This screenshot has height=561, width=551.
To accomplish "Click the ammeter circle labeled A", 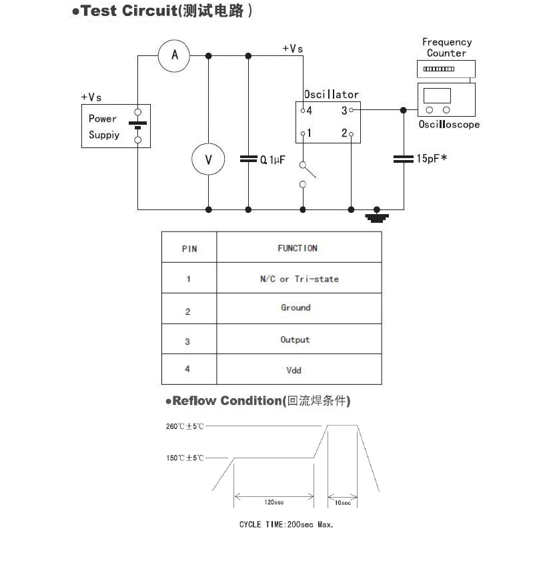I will [x=174, y=55].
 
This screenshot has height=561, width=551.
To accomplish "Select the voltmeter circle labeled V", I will [x=208, y=159].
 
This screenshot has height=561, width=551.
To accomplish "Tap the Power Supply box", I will [x=115, y=126].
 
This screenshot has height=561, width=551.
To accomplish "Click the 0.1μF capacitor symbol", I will [x=248, y=159].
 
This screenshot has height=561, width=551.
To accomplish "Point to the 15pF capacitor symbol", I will [x=403, y=159].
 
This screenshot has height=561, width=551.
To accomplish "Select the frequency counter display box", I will [x=446, y=69].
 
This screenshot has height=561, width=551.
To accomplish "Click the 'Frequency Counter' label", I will [x=446, y=47].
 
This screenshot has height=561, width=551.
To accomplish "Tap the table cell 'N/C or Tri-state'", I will [x=299, y=279].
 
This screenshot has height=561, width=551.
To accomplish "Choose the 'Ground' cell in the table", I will [x=296, y=308].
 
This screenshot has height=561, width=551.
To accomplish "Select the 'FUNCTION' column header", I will [x=298, y=248].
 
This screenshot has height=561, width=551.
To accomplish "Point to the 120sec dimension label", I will [x=273, y=502].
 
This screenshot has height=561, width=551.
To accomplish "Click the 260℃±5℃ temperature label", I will [x=185, y=426].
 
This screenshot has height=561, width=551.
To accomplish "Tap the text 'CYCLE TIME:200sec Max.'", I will [x=286, y=524].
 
